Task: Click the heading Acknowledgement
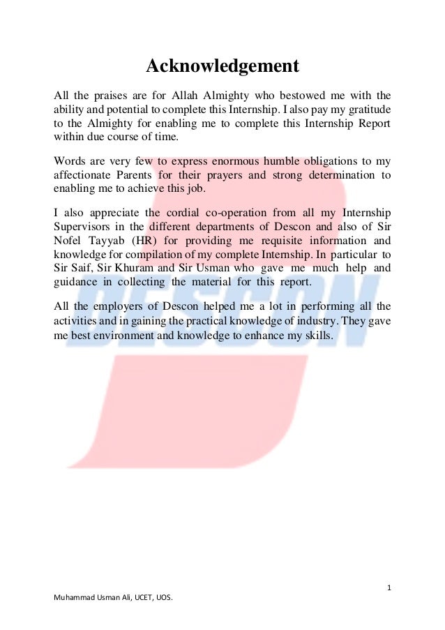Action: coord(222,66)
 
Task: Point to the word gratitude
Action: coord(366,110)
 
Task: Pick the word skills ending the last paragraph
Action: coord(319,334)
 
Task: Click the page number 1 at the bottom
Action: coord(389,587)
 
